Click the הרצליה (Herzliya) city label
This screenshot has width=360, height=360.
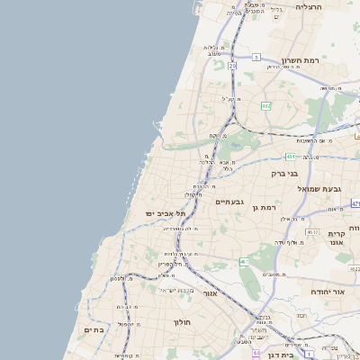point(309,6)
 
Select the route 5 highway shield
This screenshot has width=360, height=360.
point(256,57)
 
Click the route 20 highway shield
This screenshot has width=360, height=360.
point(231,66)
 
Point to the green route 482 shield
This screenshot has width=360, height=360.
point(265,106)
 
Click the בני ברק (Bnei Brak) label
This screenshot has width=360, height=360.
point(287,172)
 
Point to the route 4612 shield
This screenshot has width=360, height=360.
point(312,232)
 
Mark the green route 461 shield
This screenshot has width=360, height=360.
point(244,261)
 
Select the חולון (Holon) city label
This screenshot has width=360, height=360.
point(179,320)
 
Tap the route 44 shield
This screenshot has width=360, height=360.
point(256,353)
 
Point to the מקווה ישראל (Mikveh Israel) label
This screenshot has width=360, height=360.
point(176,290)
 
